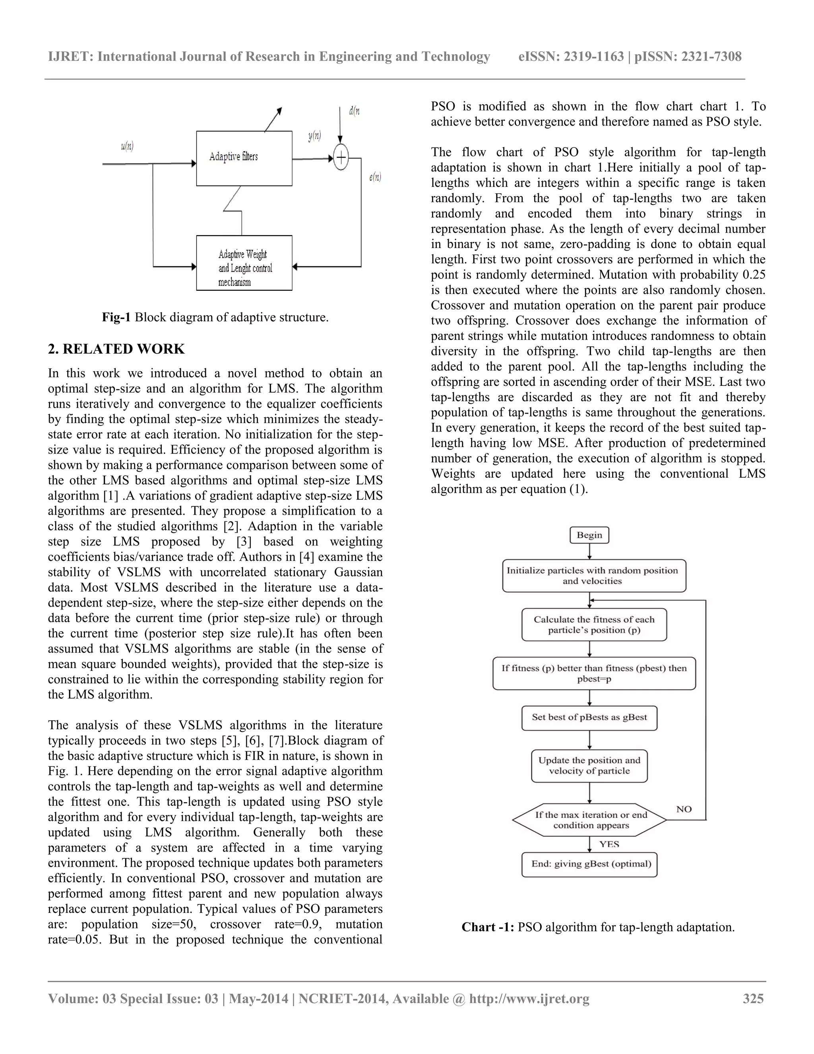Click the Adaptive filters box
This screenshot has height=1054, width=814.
tap(244, 158)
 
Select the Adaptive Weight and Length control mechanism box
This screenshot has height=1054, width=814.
tap(244, 263)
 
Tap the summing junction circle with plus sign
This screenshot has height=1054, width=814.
tap(341, 158)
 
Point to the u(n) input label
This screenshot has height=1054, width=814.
tap(127, 146)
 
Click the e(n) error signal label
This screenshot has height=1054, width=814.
tap(375, 177)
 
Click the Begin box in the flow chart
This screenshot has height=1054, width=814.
tap(589, 535)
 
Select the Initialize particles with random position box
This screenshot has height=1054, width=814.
tap(594, 576)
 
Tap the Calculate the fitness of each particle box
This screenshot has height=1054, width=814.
tap(594, 624)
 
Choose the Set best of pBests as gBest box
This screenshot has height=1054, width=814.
tap(589, 717)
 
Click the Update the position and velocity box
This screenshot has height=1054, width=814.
tap(589, 765)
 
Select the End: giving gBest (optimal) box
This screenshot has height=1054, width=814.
tap(589, 864)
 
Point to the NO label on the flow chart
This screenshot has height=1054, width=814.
tap(684, 809)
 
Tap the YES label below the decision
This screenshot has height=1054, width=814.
tap(609, 844)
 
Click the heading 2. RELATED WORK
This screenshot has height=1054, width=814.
tap(116, 349)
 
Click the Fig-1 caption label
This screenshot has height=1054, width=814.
tap(116, 317)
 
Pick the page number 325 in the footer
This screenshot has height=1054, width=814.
tap(753, 998)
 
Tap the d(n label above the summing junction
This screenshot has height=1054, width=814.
tap(355, 111)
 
